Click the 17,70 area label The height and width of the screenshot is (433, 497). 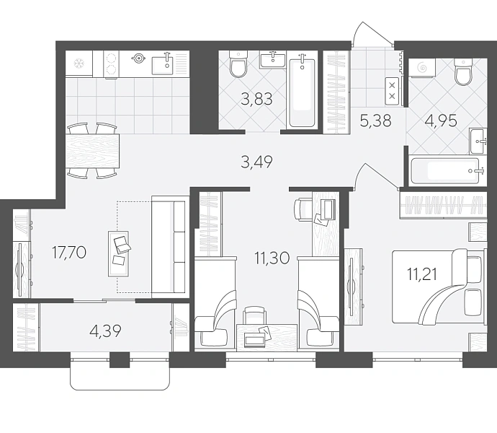point(69,253)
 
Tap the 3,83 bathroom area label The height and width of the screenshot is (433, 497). point(256,99)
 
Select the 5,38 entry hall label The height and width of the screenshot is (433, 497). point(376,121)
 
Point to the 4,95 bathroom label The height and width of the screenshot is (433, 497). point(442,121)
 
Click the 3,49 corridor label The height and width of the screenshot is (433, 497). point(256,162)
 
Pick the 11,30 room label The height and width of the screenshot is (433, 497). point(272,258)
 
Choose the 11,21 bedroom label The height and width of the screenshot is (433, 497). point(422,274)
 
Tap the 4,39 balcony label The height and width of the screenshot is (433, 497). point(106,331)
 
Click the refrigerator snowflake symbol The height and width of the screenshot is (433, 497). point(78,64)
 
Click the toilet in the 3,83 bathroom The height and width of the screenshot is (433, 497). point(238,65)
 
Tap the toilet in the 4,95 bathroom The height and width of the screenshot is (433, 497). point(463,71)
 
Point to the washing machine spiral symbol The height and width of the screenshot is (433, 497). point(422,67)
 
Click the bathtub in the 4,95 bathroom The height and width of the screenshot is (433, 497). point(444,171)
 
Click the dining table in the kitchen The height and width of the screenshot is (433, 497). point(92,152)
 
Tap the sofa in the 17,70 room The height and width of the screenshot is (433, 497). point(169,247)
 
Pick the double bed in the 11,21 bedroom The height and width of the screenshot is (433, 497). point(439,287)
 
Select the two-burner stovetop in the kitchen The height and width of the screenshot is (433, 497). point(111,64)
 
